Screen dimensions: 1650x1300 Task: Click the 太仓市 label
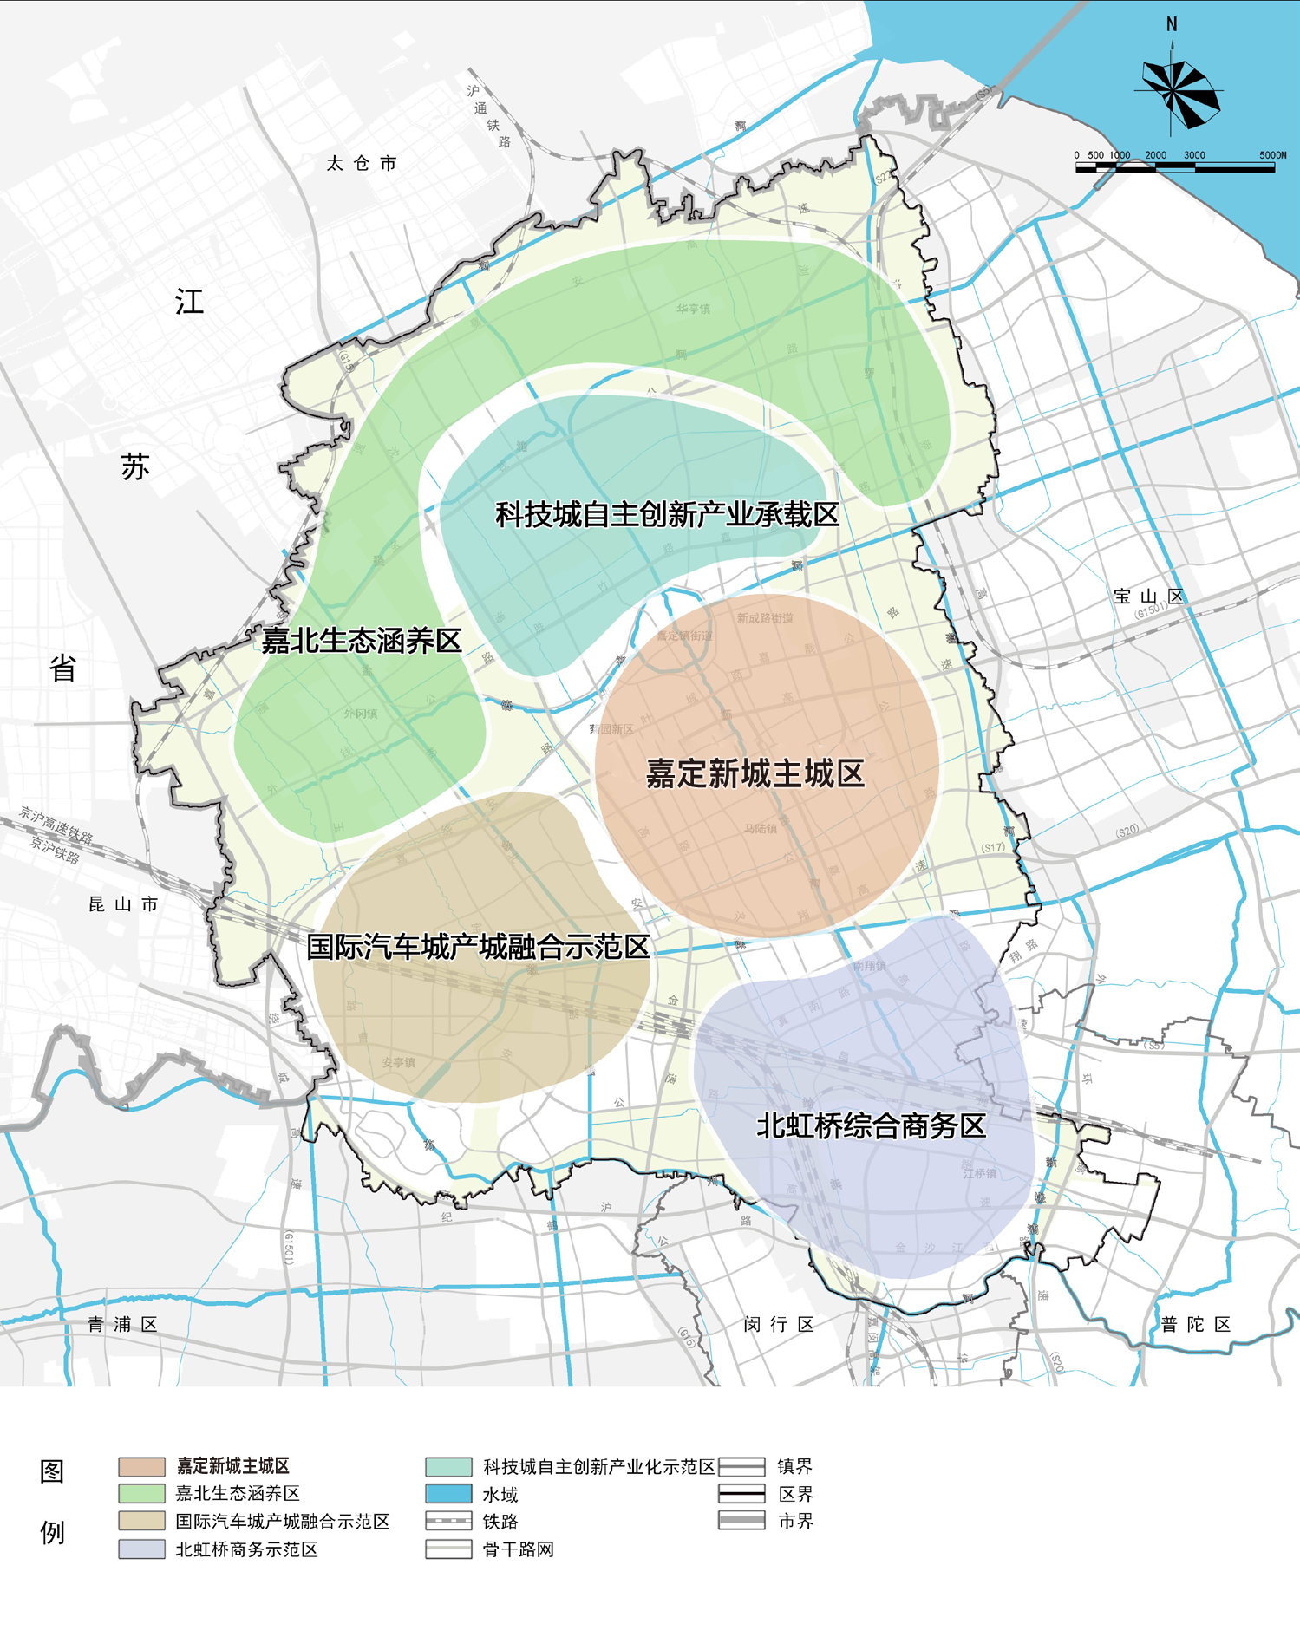click(362, 163)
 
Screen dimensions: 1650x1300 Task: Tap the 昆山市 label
click(124, 904)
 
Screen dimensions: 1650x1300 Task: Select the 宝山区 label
click(1148, 597)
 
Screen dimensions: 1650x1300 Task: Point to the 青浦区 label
click(123, 1324)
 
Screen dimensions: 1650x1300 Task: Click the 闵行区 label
click(779, 1324)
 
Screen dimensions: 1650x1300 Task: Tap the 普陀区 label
click(1196, 1324)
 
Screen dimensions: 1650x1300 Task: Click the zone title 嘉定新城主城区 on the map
click(755, 773)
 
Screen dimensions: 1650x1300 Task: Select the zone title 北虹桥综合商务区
click(871, 1125)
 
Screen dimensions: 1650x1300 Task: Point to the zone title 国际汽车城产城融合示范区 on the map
click(478, 947)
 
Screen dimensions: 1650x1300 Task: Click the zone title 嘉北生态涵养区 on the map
click(362, 641)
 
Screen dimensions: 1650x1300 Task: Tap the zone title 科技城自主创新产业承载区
click(667, 515)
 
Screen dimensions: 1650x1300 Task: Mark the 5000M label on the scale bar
click(1272, 155)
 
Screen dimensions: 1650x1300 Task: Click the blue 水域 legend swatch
click(448, 1494)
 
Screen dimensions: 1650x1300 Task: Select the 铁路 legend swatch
click(448, 1522)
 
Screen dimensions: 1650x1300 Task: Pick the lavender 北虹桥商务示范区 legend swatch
click(141, 1549)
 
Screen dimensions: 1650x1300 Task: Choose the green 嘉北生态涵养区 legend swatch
click(141, 1494)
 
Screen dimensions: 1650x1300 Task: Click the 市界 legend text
click(795, 1521)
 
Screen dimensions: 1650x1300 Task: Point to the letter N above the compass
click(1172, 24)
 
